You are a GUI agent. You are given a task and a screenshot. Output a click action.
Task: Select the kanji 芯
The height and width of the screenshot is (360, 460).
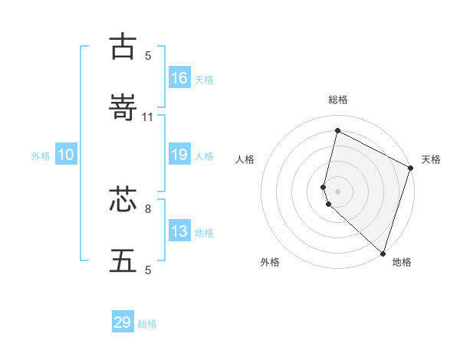tap(123, 200)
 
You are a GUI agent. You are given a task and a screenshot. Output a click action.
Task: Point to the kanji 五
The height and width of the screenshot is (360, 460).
tap(123, 261)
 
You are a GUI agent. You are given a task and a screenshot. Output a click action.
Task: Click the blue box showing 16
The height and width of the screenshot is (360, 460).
tap(179, 77)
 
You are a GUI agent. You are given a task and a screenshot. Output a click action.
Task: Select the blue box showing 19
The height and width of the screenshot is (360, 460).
tap(179, 155)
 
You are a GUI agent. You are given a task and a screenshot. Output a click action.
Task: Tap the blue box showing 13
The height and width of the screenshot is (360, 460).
tap(179, 231)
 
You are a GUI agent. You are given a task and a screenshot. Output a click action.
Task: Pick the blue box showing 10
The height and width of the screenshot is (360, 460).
tap(66, 155)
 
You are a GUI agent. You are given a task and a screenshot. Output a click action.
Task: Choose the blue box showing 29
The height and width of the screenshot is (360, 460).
tap(123, 322)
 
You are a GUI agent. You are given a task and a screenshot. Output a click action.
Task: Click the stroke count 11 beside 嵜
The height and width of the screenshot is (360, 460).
tap(148, 117)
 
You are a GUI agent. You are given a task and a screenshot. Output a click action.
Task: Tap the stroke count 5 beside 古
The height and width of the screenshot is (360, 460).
tap(148, 55)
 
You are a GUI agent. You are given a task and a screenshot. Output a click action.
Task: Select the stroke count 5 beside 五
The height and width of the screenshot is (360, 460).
tap(148, 270)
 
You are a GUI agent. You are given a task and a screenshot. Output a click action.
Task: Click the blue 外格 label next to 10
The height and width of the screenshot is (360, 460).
tap(41, 156)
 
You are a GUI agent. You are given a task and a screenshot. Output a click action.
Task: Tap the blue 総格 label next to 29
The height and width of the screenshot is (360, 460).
tap(148, 324)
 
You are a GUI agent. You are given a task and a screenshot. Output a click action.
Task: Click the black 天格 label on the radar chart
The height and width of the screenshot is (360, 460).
tap(431, 159)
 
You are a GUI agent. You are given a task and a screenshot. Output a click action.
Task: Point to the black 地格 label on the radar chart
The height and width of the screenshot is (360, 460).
tap(402, 263)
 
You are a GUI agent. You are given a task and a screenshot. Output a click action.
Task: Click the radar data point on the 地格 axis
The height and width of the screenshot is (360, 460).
tap(383, 252)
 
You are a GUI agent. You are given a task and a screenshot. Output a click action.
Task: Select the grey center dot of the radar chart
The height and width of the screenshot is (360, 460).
tap(337, 191)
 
